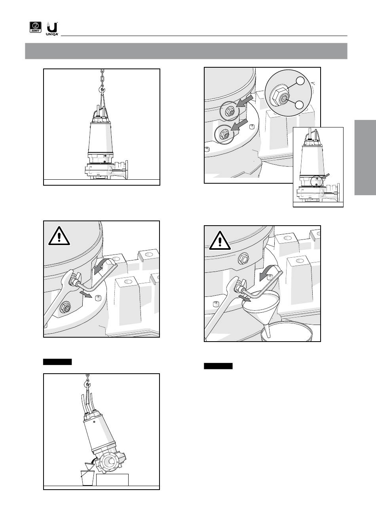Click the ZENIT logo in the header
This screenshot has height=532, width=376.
tap(35, 27)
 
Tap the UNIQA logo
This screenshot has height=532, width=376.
tap(52, 28)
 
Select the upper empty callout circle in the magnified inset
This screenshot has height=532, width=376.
tap(300, 81)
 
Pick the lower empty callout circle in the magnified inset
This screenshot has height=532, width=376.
tap(300, 104)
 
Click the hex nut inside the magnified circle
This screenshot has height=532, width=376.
tap(278, 98)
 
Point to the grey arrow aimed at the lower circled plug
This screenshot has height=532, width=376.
tap(239, 125)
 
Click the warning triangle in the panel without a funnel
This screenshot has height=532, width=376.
tap(59, 236)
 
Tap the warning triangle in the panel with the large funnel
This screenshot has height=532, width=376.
tap(220, 241)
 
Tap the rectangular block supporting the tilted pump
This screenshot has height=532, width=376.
tap(112, 480)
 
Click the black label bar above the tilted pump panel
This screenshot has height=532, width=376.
tap(57, 362)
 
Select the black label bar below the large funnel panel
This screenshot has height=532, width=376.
tap(218, 366)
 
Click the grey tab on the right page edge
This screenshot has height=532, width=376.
tap(365, 158)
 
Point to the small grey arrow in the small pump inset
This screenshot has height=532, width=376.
tap(327, 176)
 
